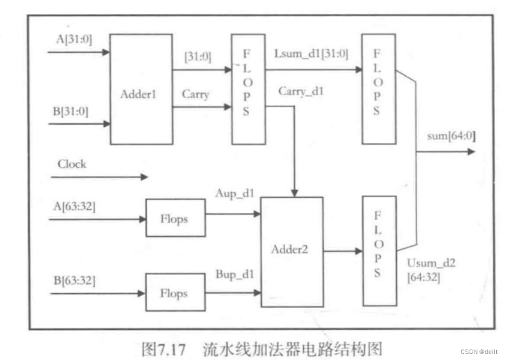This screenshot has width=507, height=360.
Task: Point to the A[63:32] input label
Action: tap(74, 206)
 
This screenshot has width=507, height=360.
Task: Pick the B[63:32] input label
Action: tap(74, 280)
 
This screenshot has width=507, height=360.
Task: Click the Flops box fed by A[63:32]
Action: tap(174, 219)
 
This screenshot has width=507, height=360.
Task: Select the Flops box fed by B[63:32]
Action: tap(174, 294)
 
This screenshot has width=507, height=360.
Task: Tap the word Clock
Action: tap(72, 164)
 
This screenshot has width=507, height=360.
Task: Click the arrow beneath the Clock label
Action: tap(99, 177)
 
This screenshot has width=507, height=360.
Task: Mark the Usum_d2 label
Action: tap(430, 264)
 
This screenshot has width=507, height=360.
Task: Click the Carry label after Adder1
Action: tap(195, 95)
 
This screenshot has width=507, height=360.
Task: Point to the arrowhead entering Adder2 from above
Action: tap(294, 191)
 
